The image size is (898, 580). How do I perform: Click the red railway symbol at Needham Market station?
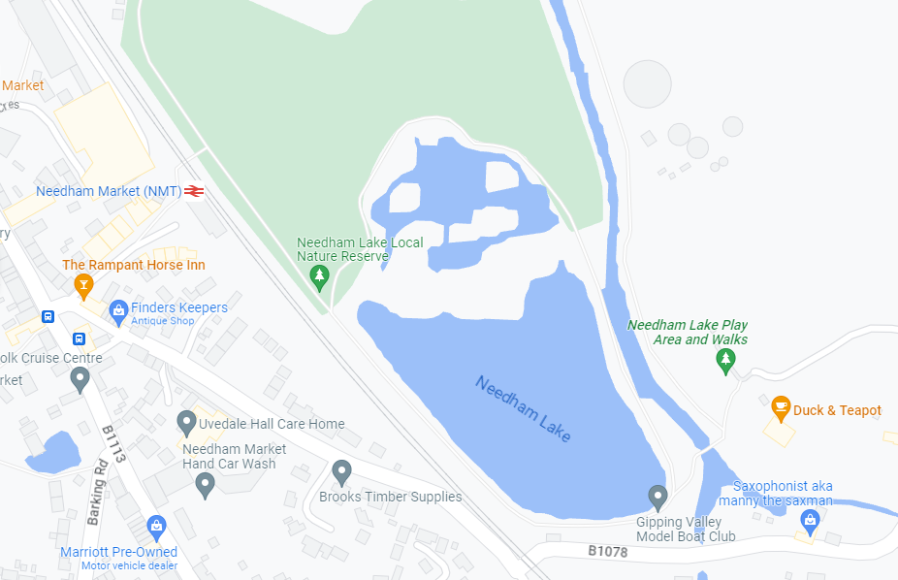[x=194, y=191]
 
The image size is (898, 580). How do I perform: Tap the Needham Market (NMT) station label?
[x=109, y=191]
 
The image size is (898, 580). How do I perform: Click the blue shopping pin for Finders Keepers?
[x=118, y=310]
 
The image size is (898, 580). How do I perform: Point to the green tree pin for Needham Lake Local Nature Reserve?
[x=319, y=278]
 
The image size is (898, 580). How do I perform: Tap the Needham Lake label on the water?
[x=523, y=408]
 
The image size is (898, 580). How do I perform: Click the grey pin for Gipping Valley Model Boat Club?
[x=658, y=498]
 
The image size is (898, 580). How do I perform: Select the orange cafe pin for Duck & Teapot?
[x=780, y=408]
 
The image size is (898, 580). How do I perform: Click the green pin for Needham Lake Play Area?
[x=724, y=361]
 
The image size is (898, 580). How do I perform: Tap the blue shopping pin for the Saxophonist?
[x=809, y=522]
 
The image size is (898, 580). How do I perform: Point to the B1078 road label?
[x=609, y=551]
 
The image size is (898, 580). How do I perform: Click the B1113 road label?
[x=114, y=443]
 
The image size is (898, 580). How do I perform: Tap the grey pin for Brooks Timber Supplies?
[x=340, y=472]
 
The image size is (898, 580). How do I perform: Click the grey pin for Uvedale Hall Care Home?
[x=186, y=423]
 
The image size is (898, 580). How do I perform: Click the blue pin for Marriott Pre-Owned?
[x=155, y=527]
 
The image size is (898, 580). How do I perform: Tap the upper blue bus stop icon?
[x=48, y=316]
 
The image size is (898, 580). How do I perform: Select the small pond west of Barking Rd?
[x=53, y=452]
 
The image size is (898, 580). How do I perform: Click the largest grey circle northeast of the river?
[x=647, y=83]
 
